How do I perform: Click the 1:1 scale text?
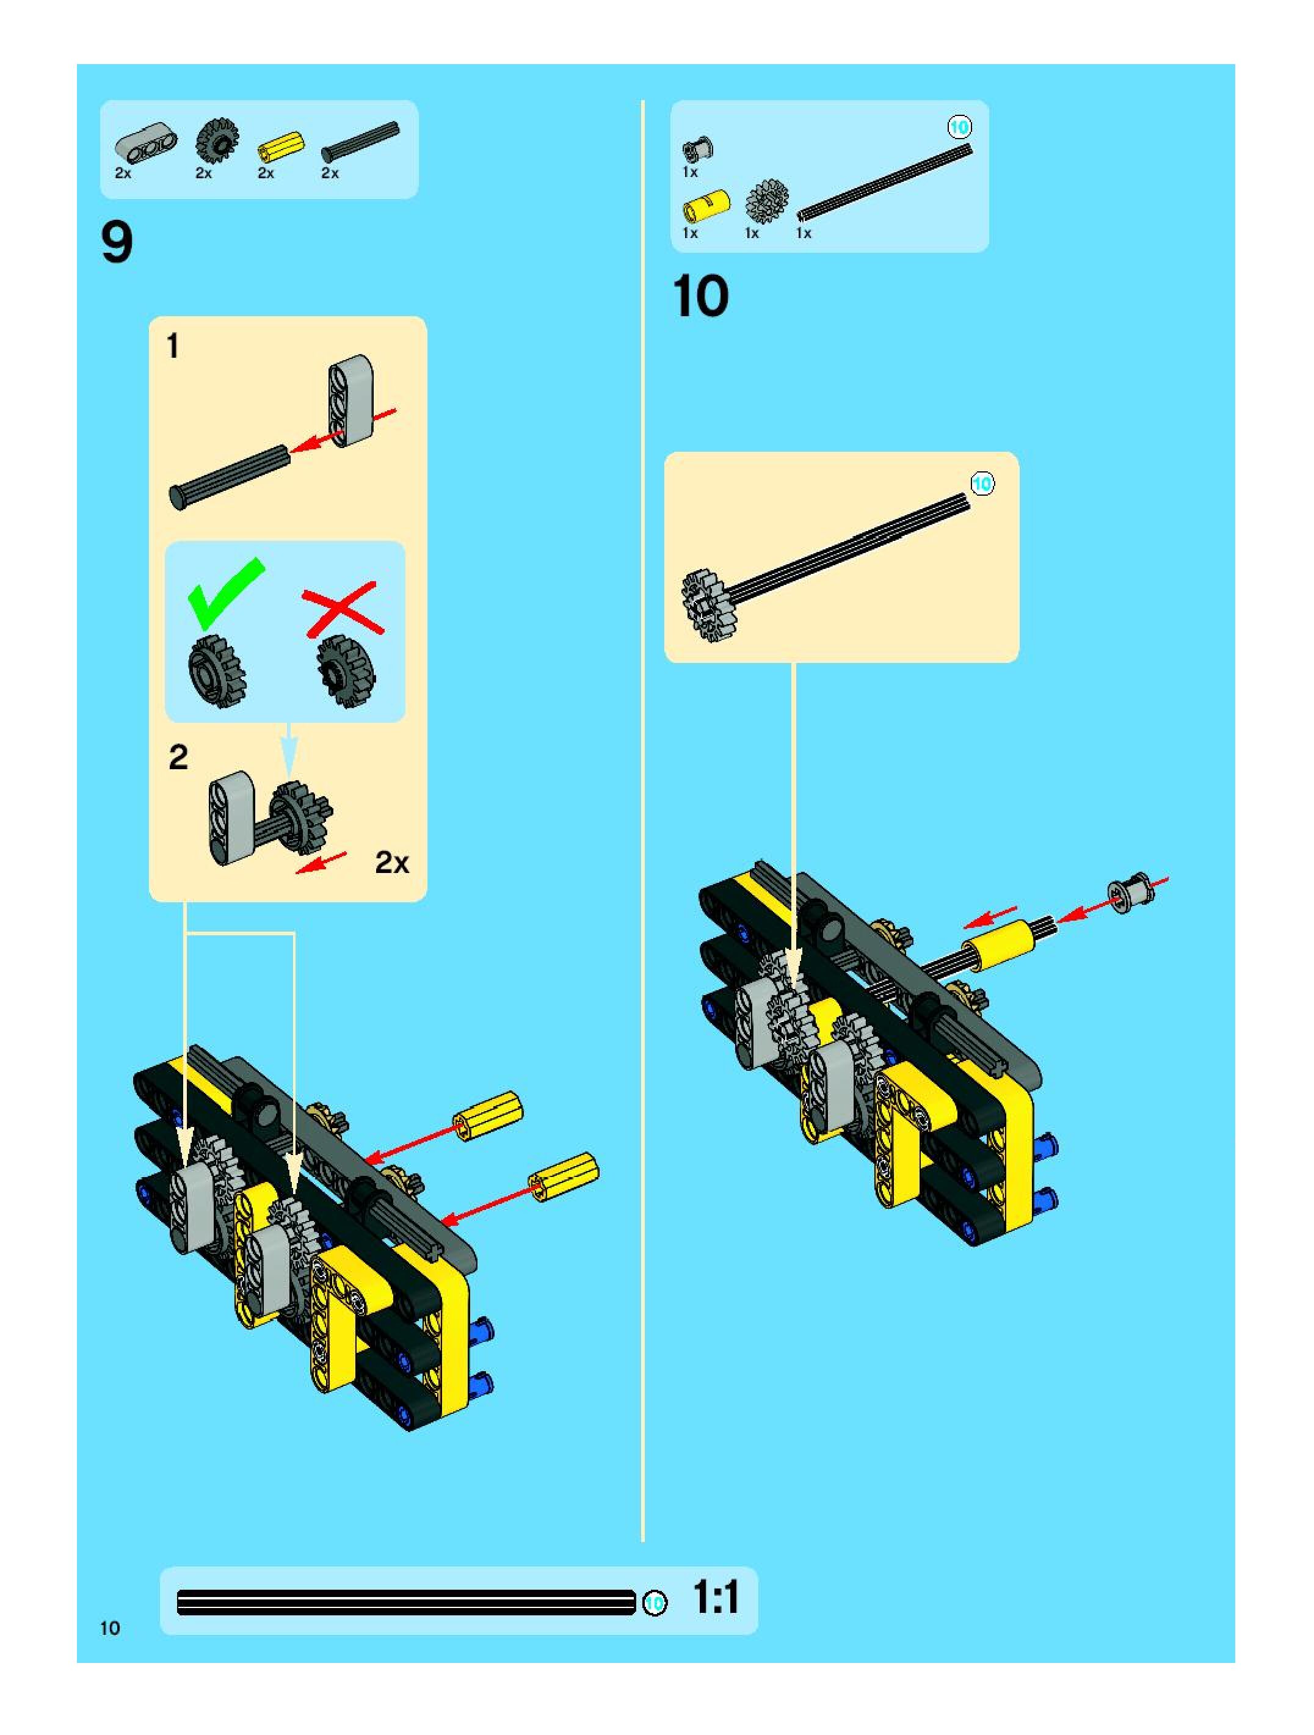(716, 1598)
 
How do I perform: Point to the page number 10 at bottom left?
(110, 1628)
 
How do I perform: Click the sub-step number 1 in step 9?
(173, 346)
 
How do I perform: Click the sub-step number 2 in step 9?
(178, 757)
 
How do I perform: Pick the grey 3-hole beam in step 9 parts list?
(146, 142)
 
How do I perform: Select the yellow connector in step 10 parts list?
(706, 206)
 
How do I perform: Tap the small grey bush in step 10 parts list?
(697, 149)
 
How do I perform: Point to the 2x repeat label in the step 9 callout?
(392, 863)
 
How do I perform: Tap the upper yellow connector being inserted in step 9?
(487, 1115)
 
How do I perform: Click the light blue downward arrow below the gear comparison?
(289, 751)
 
